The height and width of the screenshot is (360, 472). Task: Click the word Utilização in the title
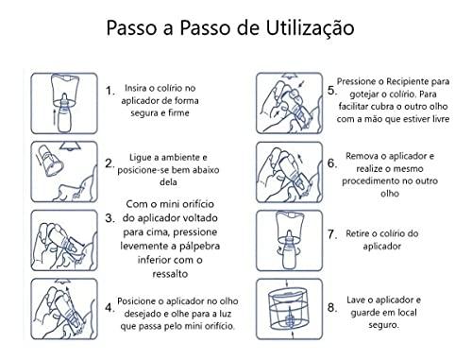pos(311,27)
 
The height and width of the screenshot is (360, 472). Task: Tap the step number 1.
pos(110,91)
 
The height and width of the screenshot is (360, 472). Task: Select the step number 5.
pos(331,91)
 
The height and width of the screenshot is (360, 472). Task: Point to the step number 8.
pos(332,307)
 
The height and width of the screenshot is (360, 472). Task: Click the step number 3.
pos(110,218)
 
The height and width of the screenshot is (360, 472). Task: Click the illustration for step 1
pos(64,103)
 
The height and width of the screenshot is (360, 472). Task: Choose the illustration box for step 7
pos(290,241)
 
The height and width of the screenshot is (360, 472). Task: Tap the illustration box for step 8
pos(290,309)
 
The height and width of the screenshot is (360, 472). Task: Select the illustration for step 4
pos(64,309)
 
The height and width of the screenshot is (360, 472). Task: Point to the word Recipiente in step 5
pos(407,81)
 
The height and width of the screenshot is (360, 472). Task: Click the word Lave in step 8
pos(356,300)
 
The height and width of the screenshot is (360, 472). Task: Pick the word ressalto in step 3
pos(170,274)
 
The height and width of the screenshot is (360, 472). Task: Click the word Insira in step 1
pos(137,88)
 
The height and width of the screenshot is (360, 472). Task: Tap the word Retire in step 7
pos(358,233)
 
